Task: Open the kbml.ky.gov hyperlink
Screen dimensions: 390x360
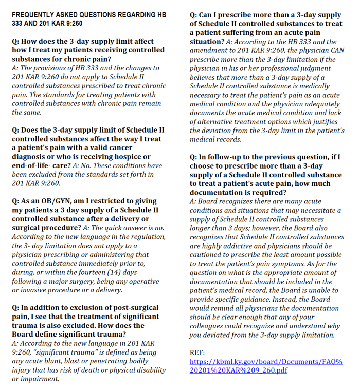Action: pos(265,366)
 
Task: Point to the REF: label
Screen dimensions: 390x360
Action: pos(197,353)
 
